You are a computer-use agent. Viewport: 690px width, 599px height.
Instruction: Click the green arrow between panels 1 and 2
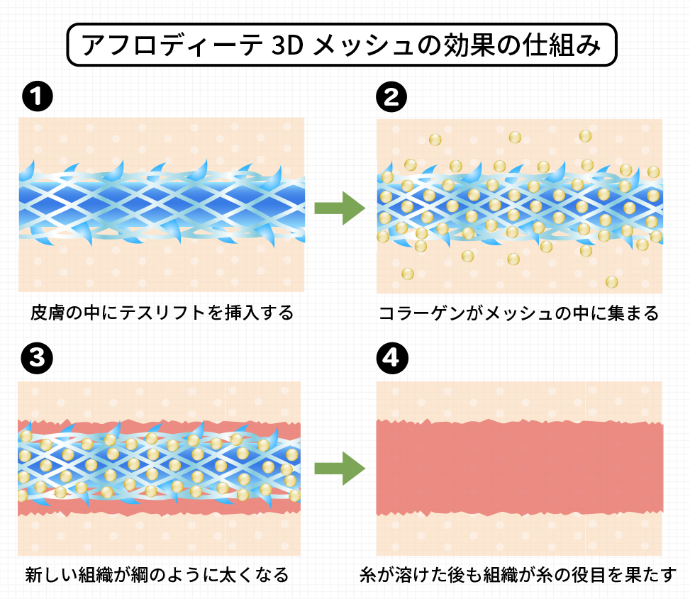(339, 208)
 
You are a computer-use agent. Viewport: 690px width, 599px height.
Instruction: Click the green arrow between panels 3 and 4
(339, 468)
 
